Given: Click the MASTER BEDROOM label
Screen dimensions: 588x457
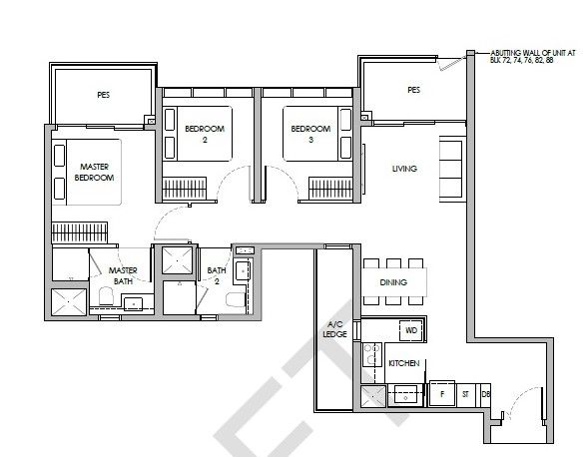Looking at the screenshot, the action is [x=94, y=172].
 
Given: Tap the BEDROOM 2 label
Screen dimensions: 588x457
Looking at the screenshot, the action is [x=205, y=134].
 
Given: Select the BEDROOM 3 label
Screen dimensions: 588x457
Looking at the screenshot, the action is [x=310, y=134].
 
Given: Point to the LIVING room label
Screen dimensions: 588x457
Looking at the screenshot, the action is [x=404, y=169].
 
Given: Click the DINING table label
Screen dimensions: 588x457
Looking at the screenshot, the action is [x=393, y=282].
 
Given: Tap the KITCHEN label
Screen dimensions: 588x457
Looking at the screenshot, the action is [x=404, y=363].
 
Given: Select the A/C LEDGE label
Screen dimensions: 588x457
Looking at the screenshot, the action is [x=334, y=329].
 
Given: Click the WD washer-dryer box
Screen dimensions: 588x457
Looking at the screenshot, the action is [x=411, y=330].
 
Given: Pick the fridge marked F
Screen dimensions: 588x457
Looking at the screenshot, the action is [x=442, y=394].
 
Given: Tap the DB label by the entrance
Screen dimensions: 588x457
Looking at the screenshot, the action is [x=485, y=394].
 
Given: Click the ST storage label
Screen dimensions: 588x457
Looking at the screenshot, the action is [x=465, y=394].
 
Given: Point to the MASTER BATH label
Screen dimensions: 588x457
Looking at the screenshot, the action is [x=123, y=275].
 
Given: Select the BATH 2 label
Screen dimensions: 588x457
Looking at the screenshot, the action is [x=217, y=275].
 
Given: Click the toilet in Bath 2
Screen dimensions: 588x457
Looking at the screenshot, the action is [x=236, y=300].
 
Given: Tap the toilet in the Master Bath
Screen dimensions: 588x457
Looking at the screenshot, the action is [x=106, y=296].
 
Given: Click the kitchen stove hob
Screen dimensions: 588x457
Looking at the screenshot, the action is [x=372, y=354].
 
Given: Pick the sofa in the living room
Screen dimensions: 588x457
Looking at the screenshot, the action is [x=451, y=170].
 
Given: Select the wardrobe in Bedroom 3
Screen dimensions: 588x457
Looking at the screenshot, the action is [x=330, y=188].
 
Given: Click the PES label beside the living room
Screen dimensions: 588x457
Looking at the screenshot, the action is [x=414, y=90].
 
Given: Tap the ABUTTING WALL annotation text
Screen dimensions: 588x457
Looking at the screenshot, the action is [x=532, y=57].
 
